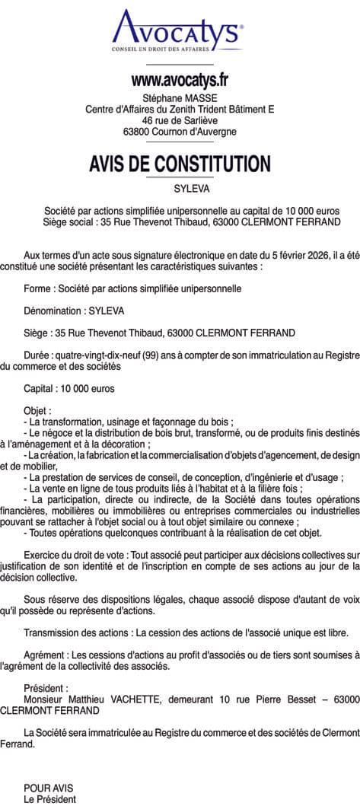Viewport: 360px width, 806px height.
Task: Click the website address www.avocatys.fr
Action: pyautogui.click(x=180, y=78)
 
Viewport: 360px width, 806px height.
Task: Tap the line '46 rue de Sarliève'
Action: pyautogui.click(x=180, y=120)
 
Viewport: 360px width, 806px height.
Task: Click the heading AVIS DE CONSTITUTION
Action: pyautogui.click(x=180, y=164)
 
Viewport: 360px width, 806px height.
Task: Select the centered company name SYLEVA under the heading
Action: pyautogui.click(x=180, y=187)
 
